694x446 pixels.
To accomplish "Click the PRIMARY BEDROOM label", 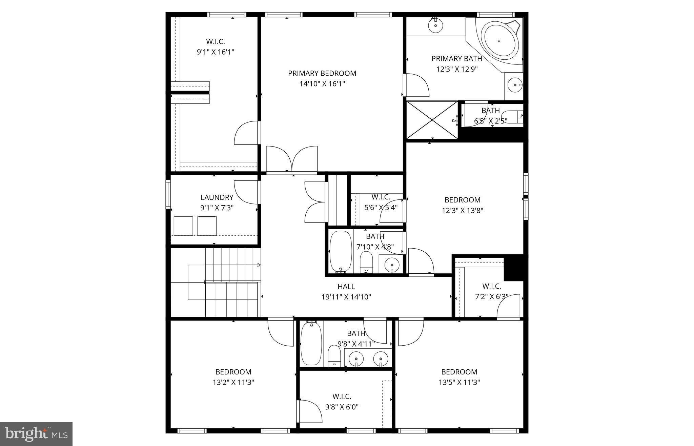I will (x=322, y=73).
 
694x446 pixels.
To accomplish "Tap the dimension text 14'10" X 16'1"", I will (x=322, y=84).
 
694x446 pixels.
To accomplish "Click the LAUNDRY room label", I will (x=217, y=197).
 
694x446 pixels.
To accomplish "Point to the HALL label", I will (x=346, y=287).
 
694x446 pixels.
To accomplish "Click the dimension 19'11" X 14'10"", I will (x=346, y=297).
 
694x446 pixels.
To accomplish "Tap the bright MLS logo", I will (x=36, y=434).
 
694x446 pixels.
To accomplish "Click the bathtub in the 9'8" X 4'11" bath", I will (x=311, y=344).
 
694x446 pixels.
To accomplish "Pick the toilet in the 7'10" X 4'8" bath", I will (x=366, y=262).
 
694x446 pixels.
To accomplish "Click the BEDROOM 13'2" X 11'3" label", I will (x=233, y=372).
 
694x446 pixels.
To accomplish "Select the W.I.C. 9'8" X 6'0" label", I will (x=342, y=396).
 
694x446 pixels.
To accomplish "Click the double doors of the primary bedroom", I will (x=292, y=159).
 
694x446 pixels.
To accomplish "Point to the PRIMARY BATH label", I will (x=456, y=59).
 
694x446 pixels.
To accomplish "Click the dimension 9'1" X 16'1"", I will (x=216, y=52).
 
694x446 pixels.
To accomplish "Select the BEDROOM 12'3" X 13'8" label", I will (x=462, y=200).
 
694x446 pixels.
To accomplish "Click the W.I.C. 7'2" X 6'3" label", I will (x=491, y=286).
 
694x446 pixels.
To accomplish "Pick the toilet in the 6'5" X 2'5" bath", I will (x=512, y=116).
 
